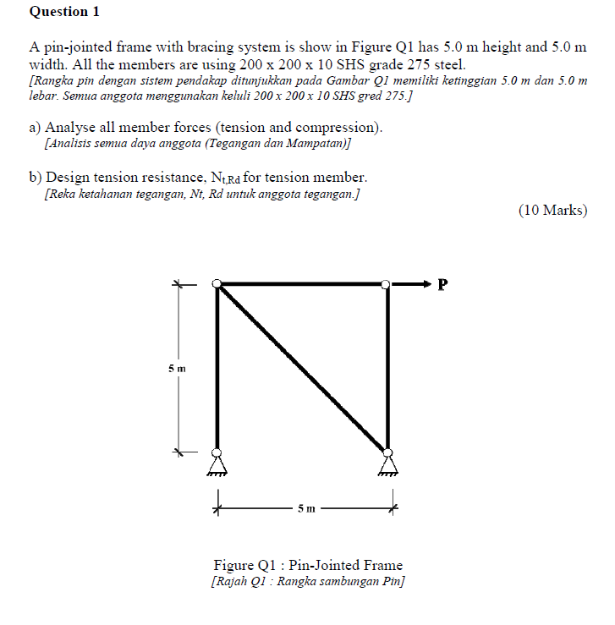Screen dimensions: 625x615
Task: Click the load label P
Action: point(441,284)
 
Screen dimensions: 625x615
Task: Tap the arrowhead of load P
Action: point(426,284)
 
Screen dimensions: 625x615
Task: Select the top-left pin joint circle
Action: point(217,285)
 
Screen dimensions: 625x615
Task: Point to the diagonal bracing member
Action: point(302,369)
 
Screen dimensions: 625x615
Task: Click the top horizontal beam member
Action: point(302,285)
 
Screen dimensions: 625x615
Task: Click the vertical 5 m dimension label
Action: point(176,369)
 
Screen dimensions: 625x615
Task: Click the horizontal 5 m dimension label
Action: point(305,509)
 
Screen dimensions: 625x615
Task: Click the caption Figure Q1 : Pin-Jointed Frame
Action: point(308,565)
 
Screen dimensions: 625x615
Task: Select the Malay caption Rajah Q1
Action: point(308,582)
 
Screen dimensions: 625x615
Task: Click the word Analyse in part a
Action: point(72,128)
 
